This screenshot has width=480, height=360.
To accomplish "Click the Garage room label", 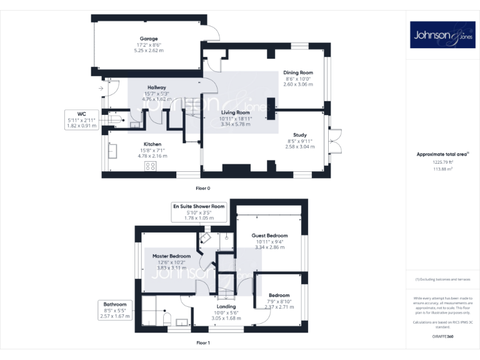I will [149, 39].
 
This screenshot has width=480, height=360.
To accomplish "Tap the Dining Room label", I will [299, 72].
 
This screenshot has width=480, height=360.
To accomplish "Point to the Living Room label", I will [235, 112].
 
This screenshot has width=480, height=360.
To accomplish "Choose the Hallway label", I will [156, 87].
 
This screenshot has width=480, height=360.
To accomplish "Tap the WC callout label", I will [81, 114].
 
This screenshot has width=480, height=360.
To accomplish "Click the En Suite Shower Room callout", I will [199, 206].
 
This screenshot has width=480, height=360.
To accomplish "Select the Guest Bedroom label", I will [270, 236].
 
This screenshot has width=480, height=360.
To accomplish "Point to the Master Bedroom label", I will [171, 256].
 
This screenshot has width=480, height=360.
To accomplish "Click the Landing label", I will [226, 306].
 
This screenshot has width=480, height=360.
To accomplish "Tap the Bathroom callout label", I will [115, 304].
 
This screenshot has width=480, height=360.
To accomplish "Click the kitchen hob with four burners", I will [151, 166].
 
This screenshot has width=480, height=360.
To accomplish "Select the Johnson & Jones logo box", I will [442, 35].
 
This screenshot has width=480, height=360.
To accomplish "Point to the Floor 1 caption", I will [202, 342].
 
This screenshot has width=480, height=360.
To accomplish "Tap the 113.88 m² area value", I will [442, 169].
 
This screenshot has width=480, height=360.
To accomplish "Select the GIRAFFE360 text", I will [442, 337].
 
